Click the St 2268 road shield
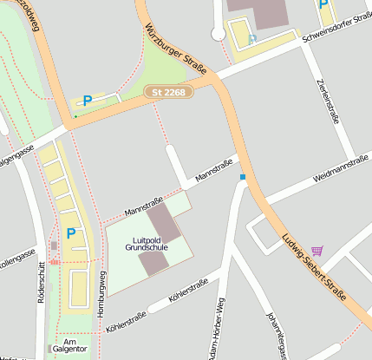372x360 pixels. [167, 91]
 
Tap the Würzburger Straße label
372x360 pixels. [177, 49]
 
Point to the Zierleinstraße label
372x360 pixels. [326, 101]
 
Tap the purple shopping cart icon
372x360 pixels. [317, 251]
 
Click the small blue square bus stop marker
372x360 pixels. [243, 178]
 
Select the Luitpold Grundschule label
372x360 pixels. [146, 243]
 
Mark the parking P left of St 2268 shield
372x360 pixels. [87, 101]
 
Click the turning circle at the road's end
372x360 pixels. [218, 35]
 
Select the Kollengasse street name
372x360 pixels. [17, 258]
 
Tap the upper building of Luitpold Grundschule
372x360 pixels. [164, 222]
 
